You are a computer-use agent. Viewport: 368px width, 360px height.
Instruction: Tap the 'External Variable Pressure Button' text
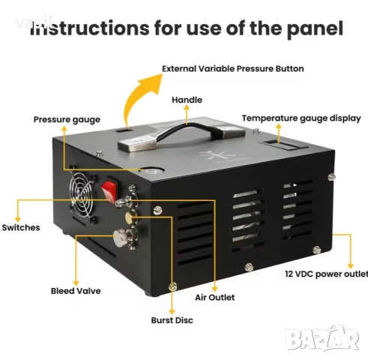[x=233, y=68]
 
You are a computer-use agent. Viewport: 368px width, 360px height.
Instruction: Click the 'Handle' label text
[x=187, y=99]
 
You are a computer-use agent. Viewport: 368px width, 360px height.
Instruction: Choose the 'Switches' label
[x=21, y=226]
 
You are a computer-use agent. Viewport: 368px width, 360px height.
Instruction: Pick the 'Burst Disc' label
[x=172, y=320]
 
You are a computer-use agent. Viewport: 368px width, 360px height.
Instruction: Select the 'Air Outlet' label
[x=216, y=297]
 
